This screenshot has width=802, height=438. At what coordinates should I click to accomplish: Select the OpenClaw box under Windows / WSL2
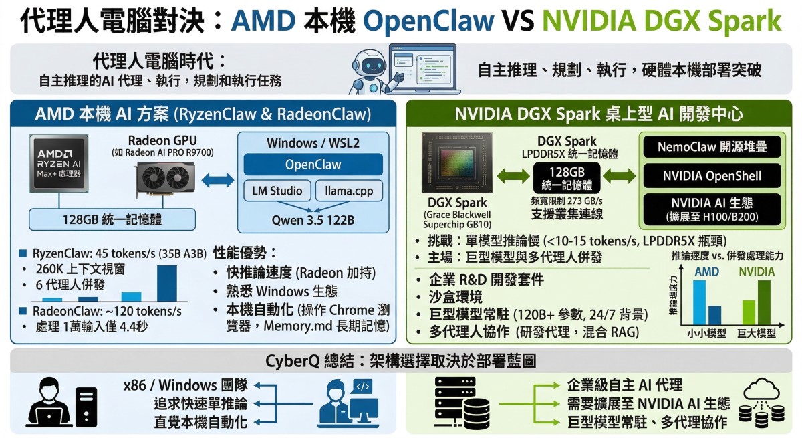(313, 165)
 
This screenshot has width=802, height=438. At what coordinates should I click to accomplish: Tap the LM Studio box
(277, 191)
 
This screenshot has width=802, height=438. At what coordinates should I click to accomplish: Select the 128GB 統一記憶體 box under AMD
(112, 219)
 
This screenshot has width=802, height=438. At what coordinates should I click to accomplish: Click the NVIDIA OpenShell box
(711, 176)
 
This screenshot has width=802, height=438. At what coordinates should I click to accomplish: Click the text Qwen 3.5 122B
(312, 219)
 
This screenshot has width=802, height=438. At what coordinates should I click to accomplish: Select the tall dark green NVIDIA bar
(763, 302)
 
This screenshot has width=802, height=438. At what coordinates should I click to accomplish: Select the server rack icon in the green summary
(454, 401)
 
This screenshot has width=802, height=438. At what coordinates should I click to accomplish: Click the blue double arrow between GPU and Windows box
(217, 178)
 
